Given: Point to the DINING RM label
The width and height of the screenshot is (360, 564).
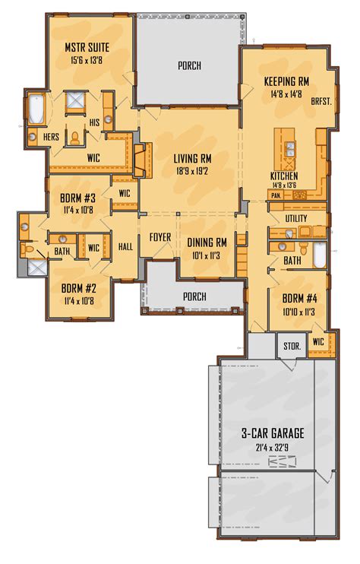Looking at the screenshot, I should click(207, 242).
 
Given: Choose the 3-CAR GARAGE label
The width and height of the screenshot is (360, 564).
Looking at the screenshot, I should click(273, 433).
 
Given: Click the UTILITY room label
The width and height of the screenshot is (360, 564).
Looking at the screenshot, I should click(296, 219).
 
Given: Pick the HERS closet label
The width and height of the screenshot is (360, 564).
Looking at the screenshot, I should click(51, 136).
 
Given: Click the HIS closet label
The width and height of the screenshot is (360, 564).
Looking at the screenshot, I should click(95, 122).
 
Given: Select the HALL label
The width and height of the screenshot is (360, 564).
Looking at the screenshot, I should click(126, 246).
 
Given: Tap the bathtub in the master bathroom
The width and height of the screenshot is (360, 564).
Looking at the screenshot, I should click(36, 110).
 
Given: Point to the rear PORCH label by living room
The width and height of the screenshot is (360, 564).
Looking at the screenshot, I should click(189, 66).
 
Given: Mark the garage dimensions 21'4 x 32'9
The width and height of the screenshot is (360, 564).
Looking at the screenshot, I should click(273, 447).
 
